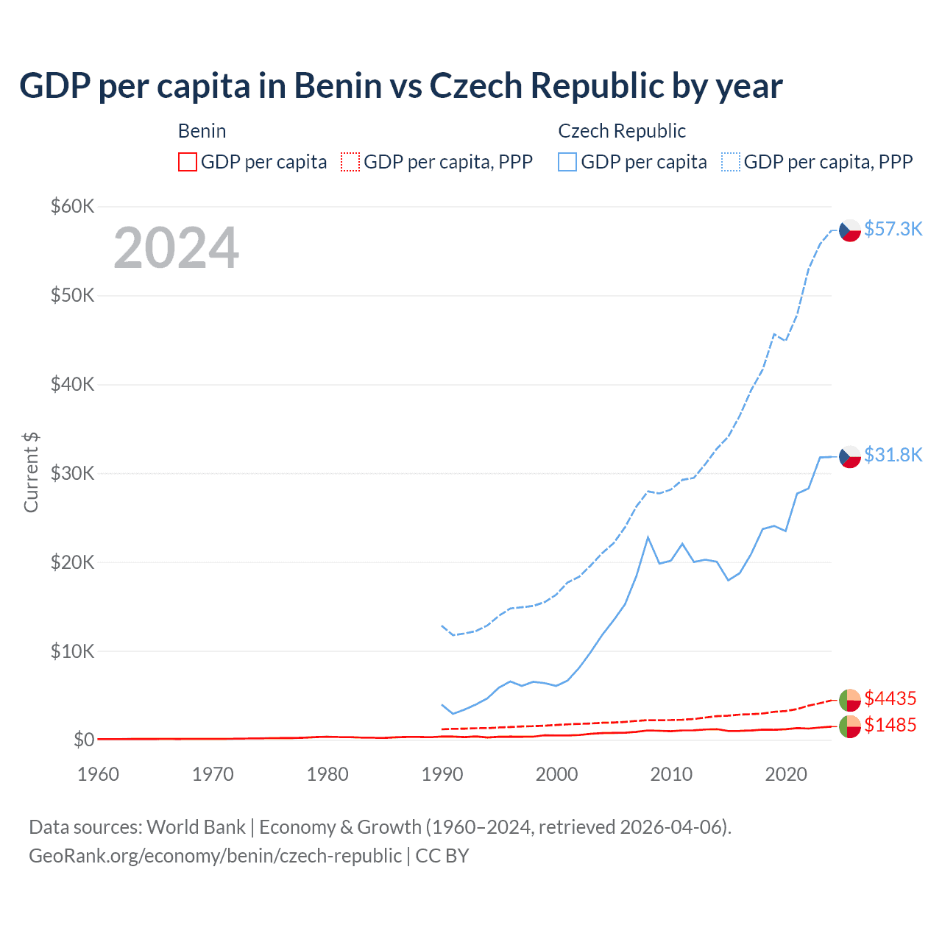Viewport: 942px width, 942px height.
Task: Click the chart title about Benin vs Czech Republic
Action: tap(400, 85)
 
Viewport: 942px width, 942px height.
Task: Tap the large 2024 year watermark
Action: tap(176, 248)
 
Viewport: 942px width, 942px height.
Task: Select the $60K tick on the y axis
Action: tap(72, 206)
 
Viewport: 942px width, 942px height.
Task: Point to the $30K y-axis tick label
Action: tap(72, 473)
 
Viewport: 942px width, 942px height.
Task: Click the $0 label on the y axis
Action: tap(83, 740)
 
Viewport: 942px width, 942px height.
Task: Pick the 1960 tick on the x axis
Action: tap(98, 774)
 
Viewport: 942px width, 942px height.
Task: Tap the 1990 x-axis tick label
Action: tap(442, 774)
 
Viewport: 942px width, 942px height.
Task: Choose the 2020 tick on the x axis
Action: tap(785, 774)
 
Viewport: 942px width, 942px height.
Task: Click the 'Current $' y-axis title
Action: tap(31, 472)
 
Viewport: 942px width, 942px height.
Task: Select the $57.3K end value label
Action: tap(893, 229)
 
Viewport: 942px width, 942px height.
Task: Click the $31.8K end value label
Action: tap(893, 455)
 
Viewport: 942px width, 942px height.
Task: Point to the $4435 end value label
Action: tap(890, 698)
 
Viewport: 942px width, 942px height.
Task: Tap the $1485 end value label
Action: tap(890, 725)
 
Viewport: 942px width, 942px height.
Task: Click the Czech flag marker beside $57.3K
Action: tap(850, 230)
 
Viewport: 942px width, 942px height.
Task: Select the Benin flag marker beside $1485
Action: tap(850, 726)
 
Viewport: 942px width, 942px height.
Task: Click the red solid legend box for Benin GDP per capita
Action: tap(188, 162)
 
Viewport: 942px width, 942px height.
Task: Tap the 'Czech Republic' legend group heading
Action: tap(621, 131)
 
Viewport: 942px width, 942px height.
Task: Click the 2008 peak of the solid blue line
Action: tap(648, 537)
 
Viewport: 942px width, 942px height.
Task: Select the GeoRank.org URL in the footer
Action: tap(215, 856)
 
